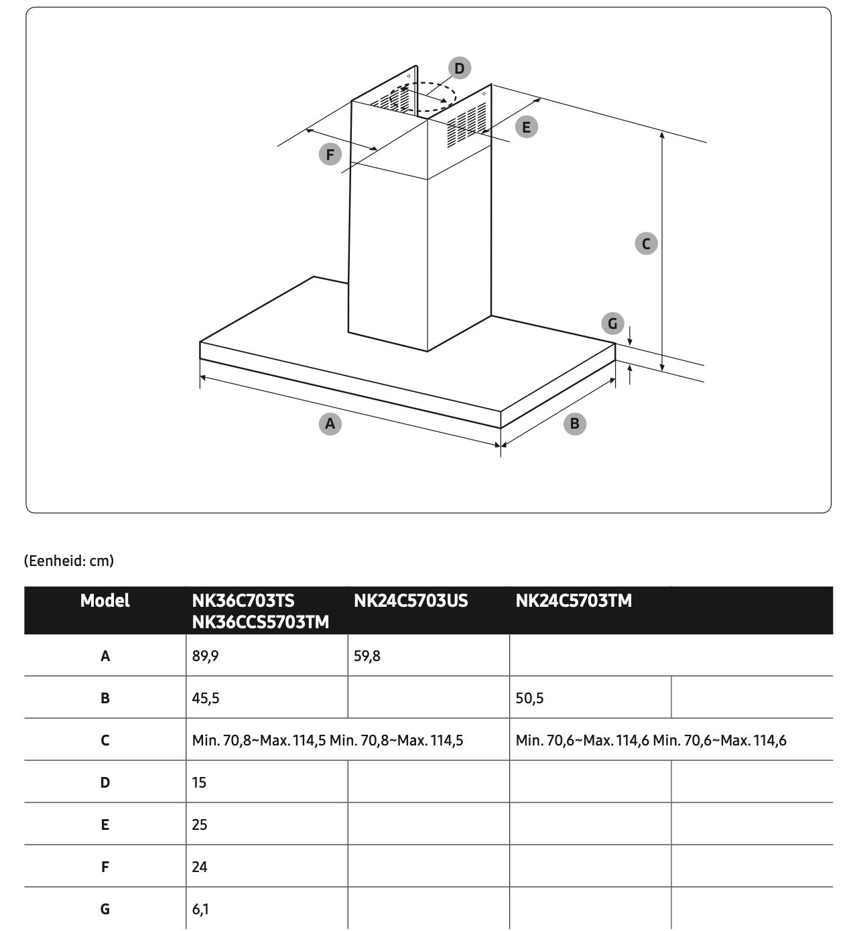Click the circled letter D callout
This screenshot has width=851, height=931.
tap(459, 68)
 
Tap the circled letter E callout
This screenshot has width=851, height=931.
tap(526, 127)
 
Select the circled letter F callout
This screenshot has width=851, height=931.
tap(330, 155)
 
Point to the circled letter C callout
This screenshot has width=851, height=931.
tap(646, 243)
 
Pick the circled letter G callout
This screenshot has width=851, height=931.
tap(612, 324)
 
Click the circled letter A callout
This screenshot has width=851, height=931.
tap(330, 423)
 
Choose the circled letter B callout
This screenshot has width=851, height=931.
tap(574, 423)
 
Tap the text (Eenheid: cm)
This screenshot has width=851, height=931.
tap(69, 561)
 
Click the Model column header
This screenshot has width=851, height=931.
tap(105, 601)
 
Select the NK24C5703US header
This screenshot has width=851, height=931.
tap(410, 601)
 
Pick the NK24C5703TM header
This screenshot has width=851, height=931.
tap(574, 601)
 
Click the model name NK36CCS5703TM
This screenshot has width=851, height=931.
tap(260, 622)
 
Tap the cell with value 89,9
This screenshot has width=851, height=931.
tap(205, 656)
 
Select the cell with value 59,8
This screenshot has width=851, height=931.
tap(367, 656)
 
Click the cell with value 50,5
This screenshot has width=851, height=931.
tap(529, 698)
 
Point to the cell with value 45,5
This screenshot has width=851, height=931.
tap(205, 698)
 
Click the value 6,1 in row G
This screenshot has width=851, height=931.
tap(200, 909)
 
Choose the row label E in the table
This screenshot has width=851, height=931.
tap(105, 825)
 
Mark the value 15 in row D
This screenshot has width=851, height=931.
tap(199, 782)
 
